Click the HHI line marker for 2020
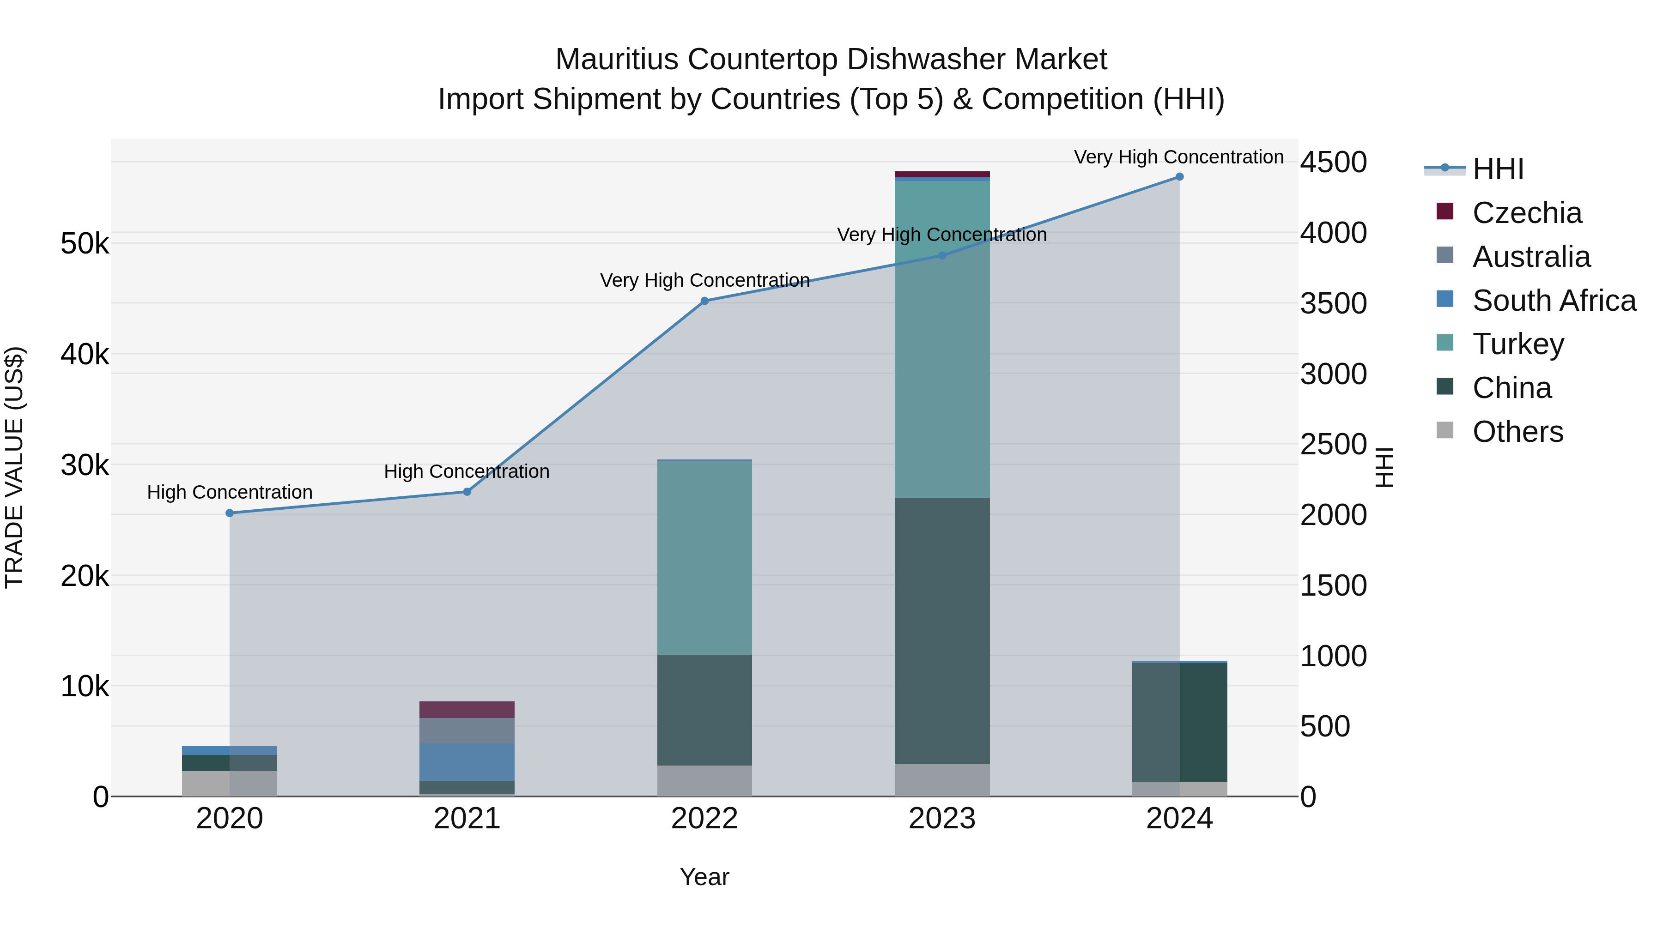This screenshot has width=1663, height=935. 230,513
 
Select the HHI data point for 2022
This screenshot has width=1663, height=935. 704,301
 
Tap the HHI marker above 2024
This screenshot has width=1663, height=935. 1179,177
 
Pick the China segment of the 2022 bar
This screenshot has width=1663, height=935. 704,710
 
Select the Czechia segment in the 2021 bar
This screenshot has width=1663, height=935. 467,710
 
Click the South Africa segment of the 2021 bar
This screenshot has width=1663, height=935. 467,761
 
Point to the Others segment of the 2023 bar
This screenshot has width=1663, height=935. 942,780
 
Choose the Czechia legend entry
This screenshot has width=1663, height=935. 1527,212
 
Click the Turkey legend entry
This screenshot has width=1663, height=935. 1518,344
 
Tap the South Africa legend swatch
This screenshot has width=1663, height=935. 1445,299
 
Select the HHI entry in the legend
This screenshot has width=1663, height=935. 1498,169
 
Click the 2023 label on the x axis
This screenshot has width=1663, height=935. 942,819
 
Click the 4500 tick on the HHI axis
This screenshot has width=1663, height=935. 1333,162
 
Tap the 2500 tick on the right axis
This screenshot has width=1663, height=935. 1333,445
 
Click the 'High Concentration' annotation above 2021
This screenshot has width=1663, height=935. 467,472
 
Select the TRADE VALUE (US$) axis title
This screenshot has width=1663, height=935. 14,467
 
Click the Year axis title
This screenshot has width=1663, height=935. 704,877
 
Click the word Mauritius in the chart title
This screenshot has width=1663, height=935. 617,60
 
